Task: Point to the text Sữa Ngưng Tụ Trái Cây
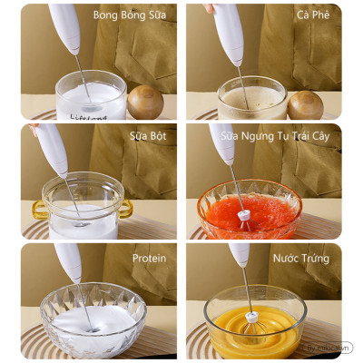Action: pyautogui.click(x=285, y=137)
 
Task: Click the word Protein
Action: pyautogui.click(x=149, y=258)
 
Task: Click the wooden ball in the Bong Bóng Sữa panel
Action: pyautogui.click(x=144, y=103)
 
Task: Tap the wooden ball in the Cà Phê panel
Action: pyautogui.click(x=305, y=104)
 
